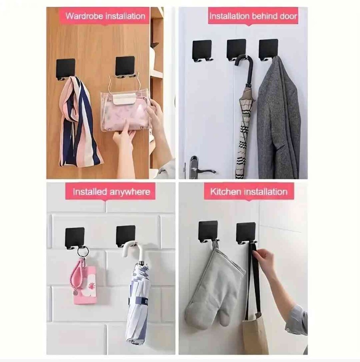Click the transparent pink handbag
[126, 111]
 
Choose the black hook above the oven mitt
[208, 232]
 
